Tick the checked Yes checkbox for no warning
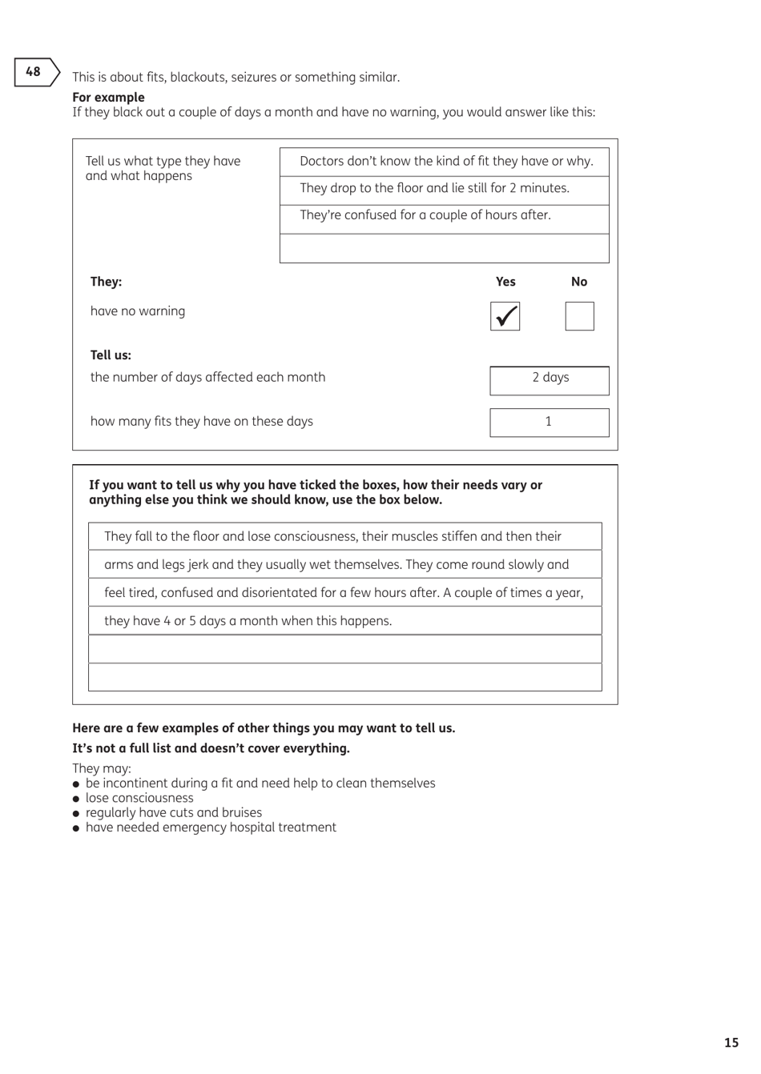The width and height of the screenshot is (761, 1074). coord(505,316)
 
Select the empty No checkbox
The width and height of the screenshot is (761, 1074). coord(579,316)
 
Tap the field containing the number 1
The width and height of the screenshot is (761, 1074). coord(550,423)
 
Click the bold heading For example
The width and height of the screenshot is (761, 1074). coord(108,98)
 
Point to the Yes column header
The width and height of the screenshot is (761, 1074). coord(505,282)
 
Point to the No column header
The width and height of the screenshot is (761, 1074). coord(579,282)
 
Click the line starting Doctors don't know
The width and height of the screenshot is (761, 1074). coord(445,162)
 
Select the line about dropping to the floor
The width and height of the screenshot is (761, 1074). coord(434,189)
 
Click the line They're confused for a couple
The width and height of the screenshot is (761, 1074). coord(425,215)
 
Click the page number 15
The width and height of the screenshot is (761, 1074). coord(731,1042)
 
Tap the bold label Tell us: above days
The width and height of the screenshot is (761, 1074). coord(111,355)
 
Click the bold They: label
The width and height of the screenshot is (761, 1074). coord(106,282)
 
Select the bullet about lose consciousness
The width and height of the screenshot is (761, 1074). coord(139,798)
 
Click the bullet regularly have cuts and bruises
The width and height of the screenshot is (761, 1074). coord(173,812)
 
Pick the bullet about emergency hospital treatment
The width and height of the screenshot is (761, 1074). coord(211,828)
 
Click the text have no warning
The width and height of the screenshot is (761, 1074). coord(138,311)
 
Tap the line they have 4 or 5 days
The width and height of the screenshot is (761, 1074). coord(248,621)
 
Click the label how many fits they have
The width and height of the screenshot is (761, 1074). coord(201,422)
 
